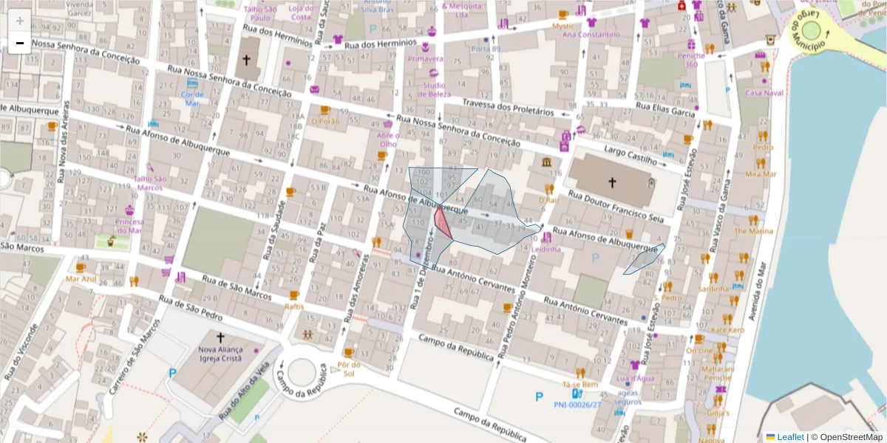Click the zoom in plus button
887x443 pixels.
(x=19, y=21)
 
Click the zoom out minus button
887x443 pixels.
(x=19, y=43)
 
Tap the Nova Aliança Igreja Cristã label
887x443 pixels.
(x=220, y=354)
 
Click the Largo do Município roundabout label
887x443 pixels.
(x=798, y=33)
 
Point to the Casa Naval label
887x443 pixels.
(x=764, y=93)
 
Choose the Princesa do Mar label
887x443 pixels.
(x=130, y=225)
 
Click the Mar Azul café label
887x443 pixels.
(x=81, y=279)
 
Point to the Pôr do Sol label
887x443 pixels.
(x=347, y=368)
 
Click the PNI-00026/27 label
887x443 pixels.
(x=577, y=405)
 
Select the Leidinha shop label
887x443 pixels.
(x=547, y=250)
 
